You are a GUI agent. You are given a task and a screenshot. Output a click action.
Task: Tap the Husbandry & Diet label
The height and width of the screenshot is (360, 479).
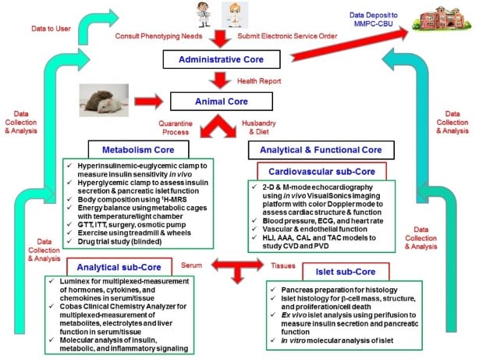(x=257, y=127)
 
